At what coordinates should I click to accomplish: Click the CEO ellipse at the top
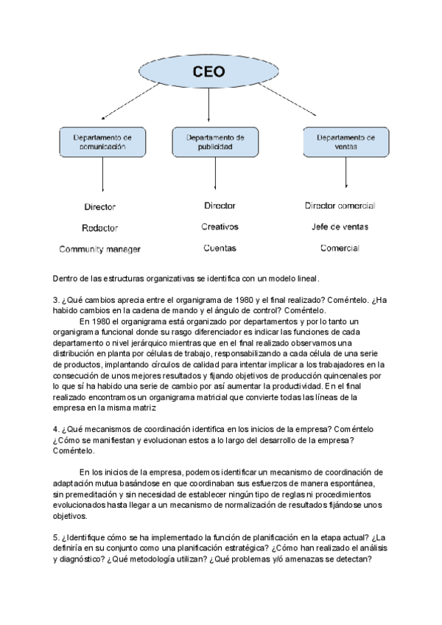coord(208,71)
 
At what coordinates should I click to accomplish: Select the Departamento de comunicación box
coord(102,142)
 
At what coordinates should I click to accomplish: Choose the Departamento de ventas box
coord(345,142)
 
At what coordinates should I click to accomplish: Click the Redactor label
coord(100,228)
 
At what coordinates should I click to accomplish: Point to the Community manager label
coord(100,250)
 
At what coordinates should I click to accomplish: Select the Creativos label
coord(220,227)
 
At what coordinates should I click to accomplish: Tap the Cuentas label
coord(220,248)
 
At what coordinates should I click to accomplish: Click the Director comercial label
coord(340,206)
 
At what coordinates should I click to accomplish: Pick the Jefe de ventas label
coord(340,227)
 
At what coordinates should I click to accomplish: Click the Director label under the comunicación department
coord(100,207)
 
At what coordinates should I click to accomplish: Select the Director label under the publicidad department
coord(220,206)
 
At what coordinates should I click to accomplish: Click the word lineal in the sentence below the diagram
coord(307,279)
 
